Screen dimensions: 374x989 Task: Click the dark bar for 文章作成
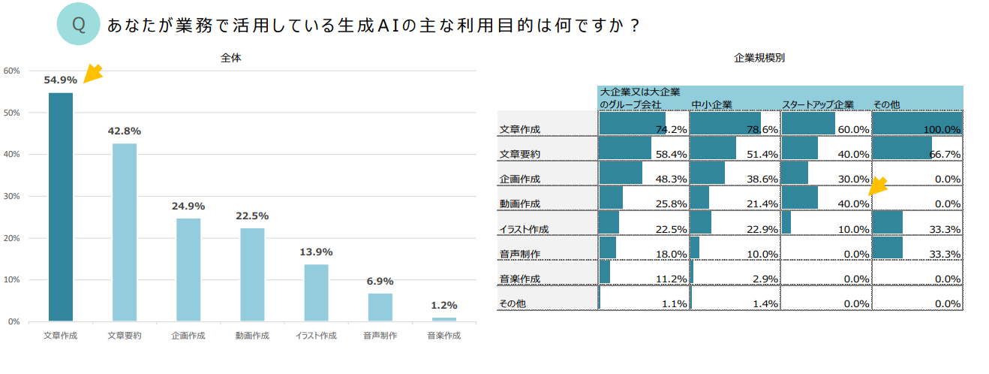click(61, 207)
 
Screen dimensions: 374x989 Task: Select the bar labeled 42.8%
click(125, 232)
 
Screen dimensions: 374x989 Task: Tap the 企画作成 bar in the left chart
click(188, 270)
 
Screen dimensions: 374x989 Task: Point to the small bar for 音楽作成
click(443, 319)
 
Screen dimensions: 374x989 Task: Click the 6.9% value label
click(380, 280)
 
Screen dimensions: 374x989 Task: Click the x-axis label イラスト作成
click(316, 336)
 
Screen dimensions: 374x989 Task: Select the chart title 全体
click(231, 57)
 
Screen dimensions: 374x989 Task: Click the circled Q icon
click(78, 25)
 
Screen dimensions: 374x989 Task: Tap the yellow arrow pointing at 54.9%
click(92, 73)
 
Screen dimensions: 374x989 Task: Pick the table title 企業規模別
click(759, 57)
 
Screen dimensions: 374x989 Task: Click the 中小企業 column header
click(711, 104)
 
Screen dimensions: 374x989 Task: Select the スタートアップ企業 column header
click(818, 104)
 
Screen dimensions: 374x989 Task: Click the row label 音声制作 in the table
click(520, 254)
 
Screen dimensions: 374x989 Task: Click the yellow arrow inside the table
click(878, 186)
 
